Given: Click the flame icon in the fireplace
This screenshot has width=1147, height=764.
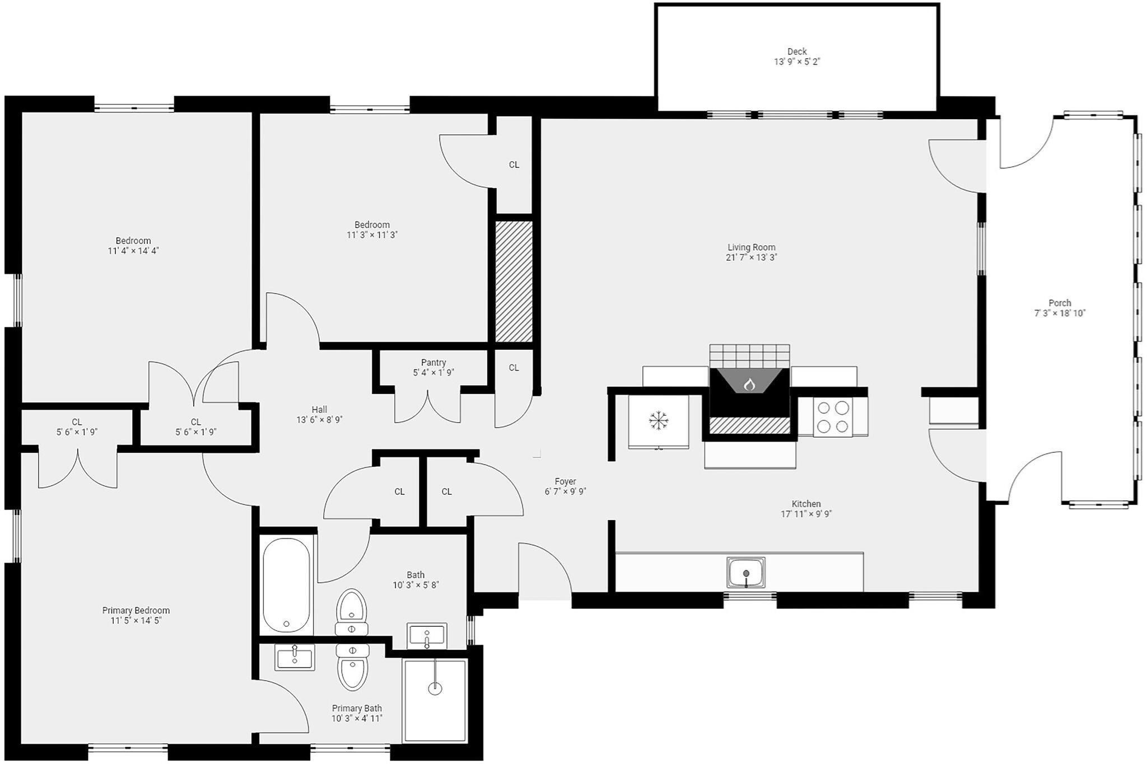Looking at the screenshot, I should point(749,385).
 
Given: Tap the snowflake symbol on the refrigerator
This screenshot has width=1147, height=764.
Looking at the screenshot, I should point(659,420).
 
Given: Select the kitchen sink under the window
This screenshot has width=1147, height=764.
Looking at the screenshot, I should point(746,572).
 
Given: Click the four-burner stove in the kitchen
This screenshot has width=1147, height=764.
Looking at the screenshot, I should point(832,417).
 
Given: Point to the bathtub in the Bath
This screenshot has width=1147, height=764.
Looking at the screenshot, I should point(286,584).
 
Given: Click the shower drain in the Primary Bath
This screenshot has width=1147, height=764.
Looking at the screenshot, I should point(435,688).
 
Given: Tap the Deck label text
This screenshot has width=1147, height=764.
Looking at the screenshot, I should point(796,51).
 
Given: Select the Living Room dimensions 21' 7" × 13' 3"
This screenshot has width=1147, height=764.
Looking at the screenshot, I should point(751,257).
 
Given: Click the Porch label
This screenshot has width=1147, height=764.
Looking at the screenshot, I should point(1060,303).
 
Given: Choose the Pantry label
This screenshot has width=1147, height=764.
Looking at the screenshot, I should point(433,363).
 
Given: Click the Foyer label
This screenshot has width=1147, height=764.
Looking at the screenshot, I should point(565,481).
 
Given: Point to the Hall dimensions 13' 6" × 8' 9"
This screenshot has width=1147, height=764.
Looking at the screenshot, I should point(319,420).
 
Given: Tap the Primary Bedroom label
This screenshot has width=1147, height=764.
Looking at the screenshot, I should point(136,610).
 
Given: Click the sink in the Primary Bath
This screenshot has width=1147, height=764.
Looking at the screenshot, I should point(295,657).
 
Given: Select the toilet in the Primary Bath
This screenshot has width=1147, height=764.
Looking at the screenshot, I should point(352,668).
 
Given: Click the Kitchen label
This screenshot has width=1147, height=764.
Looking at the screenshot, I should point(806,504).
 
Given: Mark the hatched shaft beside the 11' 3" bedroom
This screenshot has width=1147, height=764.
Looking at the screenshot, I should point(514,281).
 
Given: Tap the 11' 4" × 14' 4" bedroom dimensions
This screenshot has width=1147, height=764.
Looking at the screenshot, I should point(133,251).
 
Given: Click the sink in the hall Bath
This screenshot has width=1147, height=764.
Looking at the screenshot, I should point(427,636).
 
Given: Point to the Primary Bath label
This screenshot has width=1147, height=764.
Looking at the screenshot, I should point(357,708).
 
